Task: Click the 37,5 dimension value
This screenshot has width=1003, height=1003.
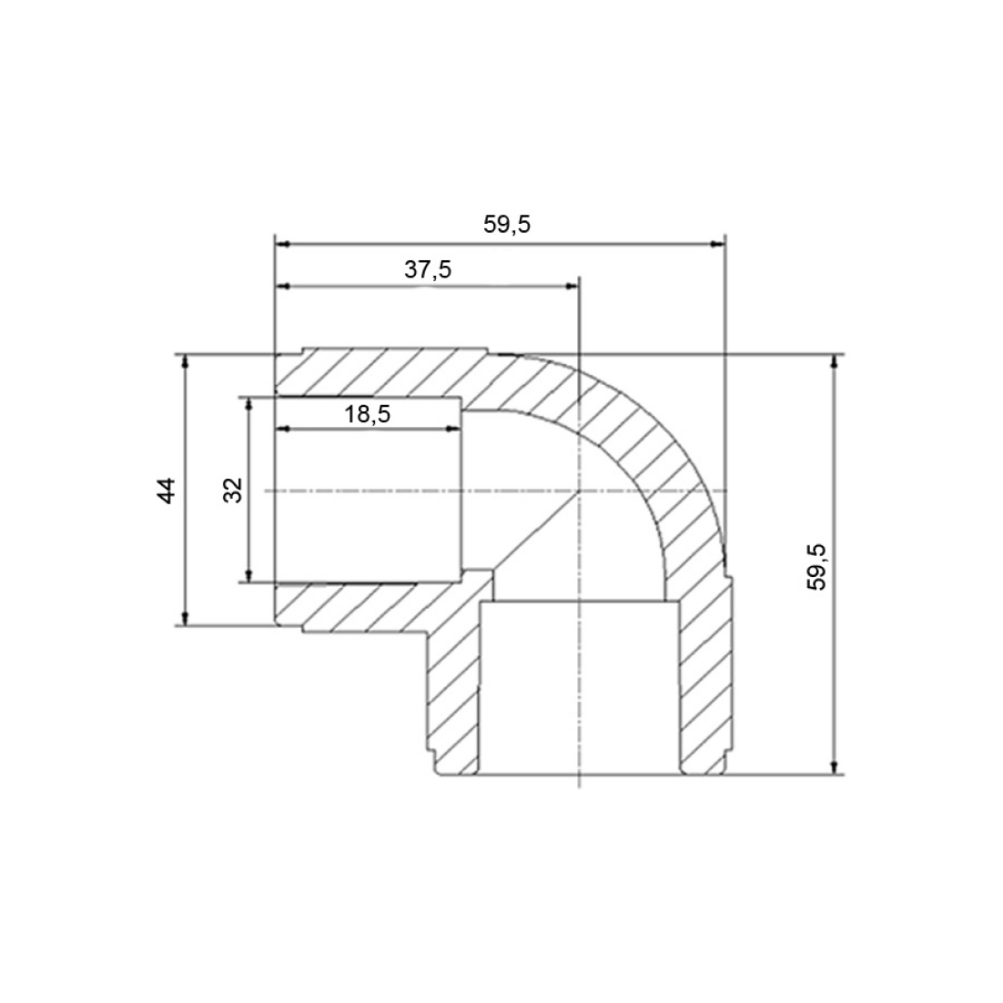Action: tap(428, 270)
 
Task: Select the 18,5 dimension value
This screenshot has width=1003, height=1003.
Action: tap(367, 414)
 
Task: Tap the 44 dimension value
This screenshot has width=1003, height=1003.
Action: tap(166, 491)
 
